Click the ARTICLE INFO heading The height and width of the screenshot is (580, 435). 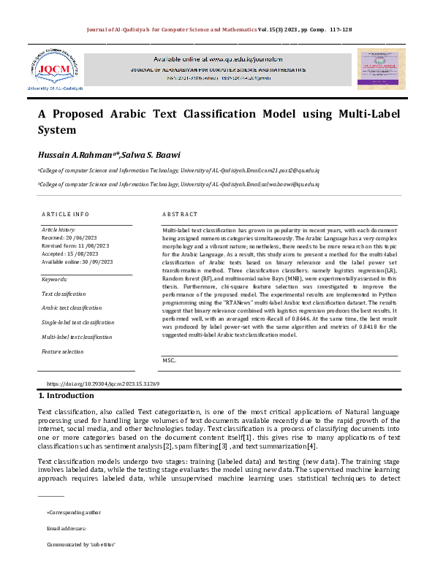(x=65, y=214)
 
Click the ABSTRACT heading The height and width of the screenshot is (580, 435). (x=180, y=214)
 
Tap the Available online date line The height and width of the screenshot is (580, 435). (x=77, y=262)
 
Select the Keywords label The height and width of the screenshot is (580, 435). (x=55, y=279)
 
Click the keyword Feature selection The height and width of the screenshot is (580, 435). (x=63, y=351)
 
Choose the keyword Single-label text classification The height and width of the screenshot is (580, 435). (x=77, y=322)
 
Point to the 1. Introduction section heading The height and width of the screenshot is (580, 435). (x=66, y=396)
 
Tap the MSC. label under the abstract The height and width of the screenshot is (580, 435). (x=169, y=360)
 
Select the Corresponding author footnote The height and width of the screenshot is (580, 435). (x=74, y=512)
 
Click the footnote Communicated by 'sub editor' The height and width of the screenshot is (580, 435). (x=81, y=544)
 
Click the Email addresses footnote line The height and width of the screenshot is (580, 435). (x=67, y=528)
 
